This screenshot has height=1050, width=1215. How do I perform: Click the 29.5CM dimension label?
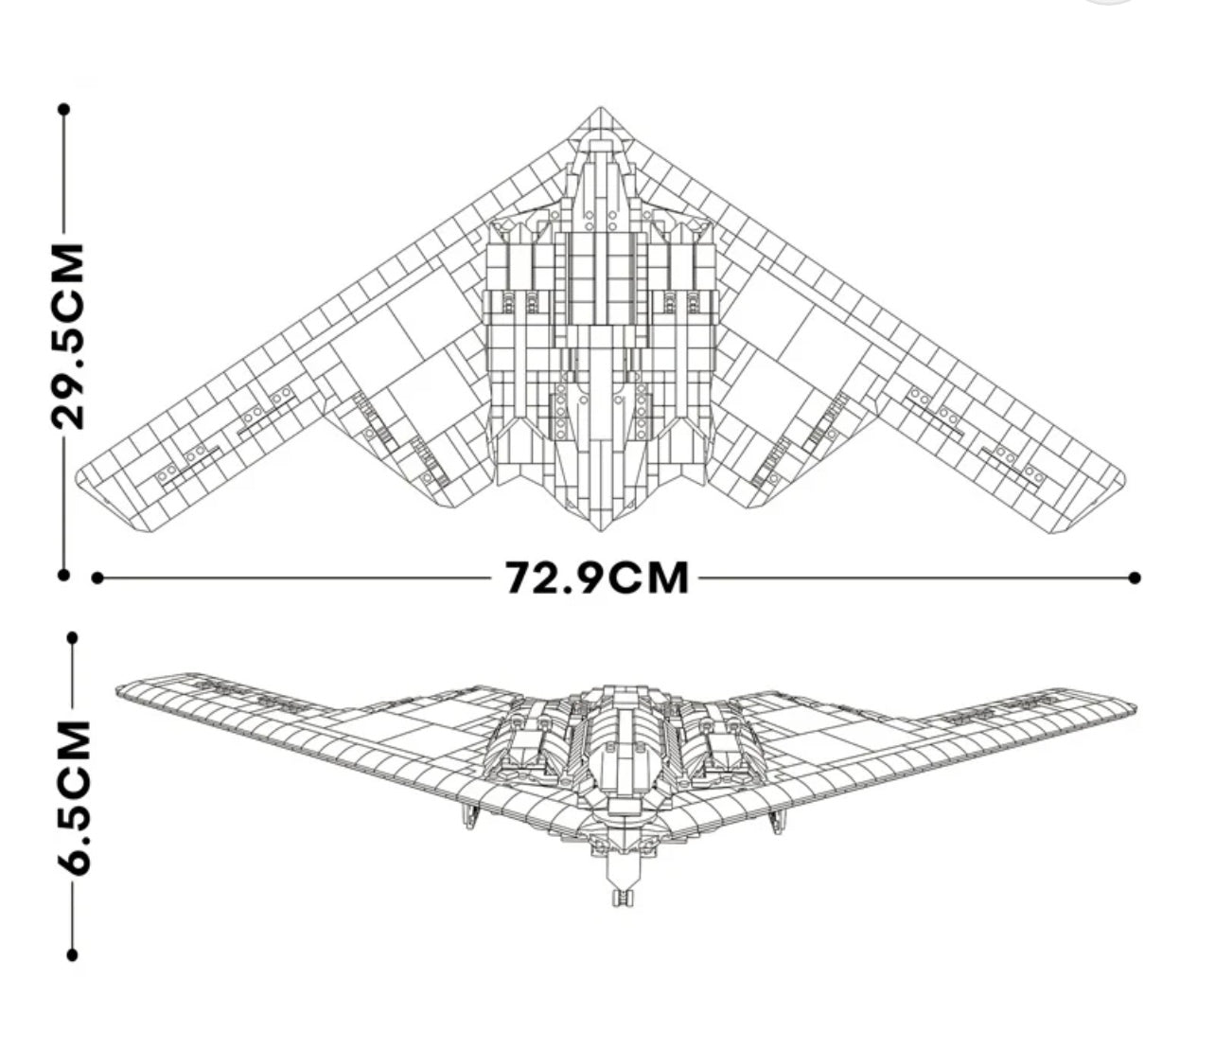point(68,336)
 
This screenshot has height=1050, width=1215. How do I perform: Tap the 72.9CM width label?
point(596,578)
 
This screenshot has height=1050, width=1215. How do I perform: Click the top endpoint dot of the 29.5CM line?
point(64,110)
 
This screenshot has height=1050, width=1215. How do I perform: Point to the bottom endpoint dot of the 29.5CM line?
point(64,574)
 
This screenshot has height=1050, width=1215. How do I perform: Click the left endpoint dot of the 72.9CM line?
point(97,578)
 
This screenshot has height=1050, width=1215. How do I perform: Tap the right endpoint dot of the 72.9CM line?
point(1135,578)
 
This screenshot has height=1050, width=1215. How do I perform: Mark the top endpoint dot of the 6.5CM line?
point(73,637)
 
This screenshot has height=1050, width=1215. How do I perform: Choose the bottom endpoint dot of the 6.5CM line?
point(73,956)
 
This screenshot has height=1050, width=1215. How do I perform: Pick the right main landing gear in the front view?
point(776,820)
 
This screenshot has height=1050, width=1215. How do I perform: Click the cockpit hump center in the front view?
point(620,720)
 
